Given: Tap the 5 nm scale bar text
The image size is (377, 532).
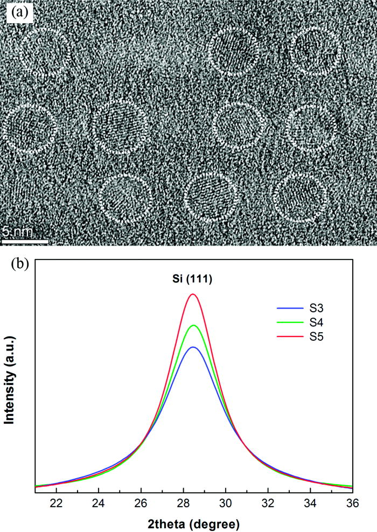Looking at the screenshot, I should [18, 232].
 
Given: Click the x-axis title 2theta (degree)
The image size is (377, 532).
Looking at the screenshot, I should [194, 522].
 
